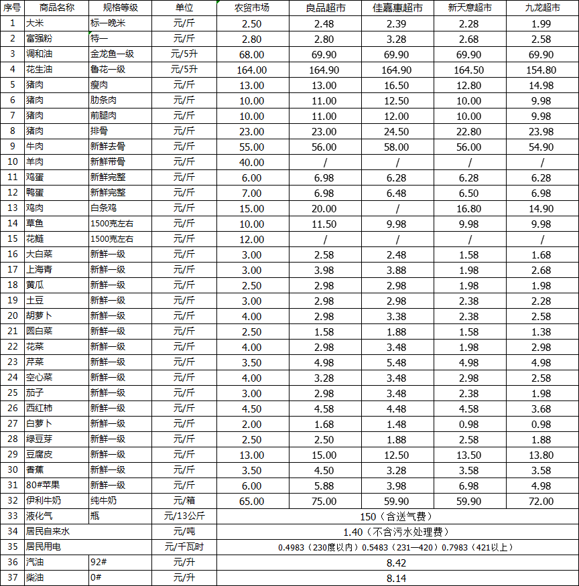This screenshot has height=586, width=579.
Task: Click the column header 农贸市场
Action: [x=252, y=8]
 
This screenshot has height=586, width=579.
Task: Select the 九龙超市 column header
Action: [x=541, y=8]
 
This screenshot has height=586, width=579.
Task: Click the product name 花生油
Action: [x=39, y=70]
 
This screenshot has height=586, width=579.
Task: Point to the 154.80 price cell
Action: [x=541, y=70]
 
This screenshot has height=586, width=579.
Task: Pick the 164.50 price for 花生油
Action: [x=469, y=70]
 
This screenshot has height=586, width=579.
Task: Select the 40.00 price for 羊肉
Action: [x=252, y=162]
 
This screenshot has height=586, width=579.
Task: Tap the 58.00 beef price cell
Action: [x=397, y=147]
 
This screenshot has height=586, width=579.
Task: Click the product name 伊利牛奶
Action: [x=44, y=501]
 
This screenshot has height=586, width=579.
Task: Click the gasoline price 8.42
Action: [x=397, y=563]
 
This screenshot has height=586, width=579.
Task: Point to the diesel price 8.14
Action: [x=397, y=578]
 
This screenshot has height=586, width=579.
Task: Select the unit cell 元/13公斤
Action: [x=184, y=516]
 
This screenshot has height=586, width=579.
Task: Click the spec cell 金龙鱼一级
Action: [x=112, y=54]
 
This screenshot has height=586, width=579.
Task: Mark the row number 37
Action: [x=12, y=578]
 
